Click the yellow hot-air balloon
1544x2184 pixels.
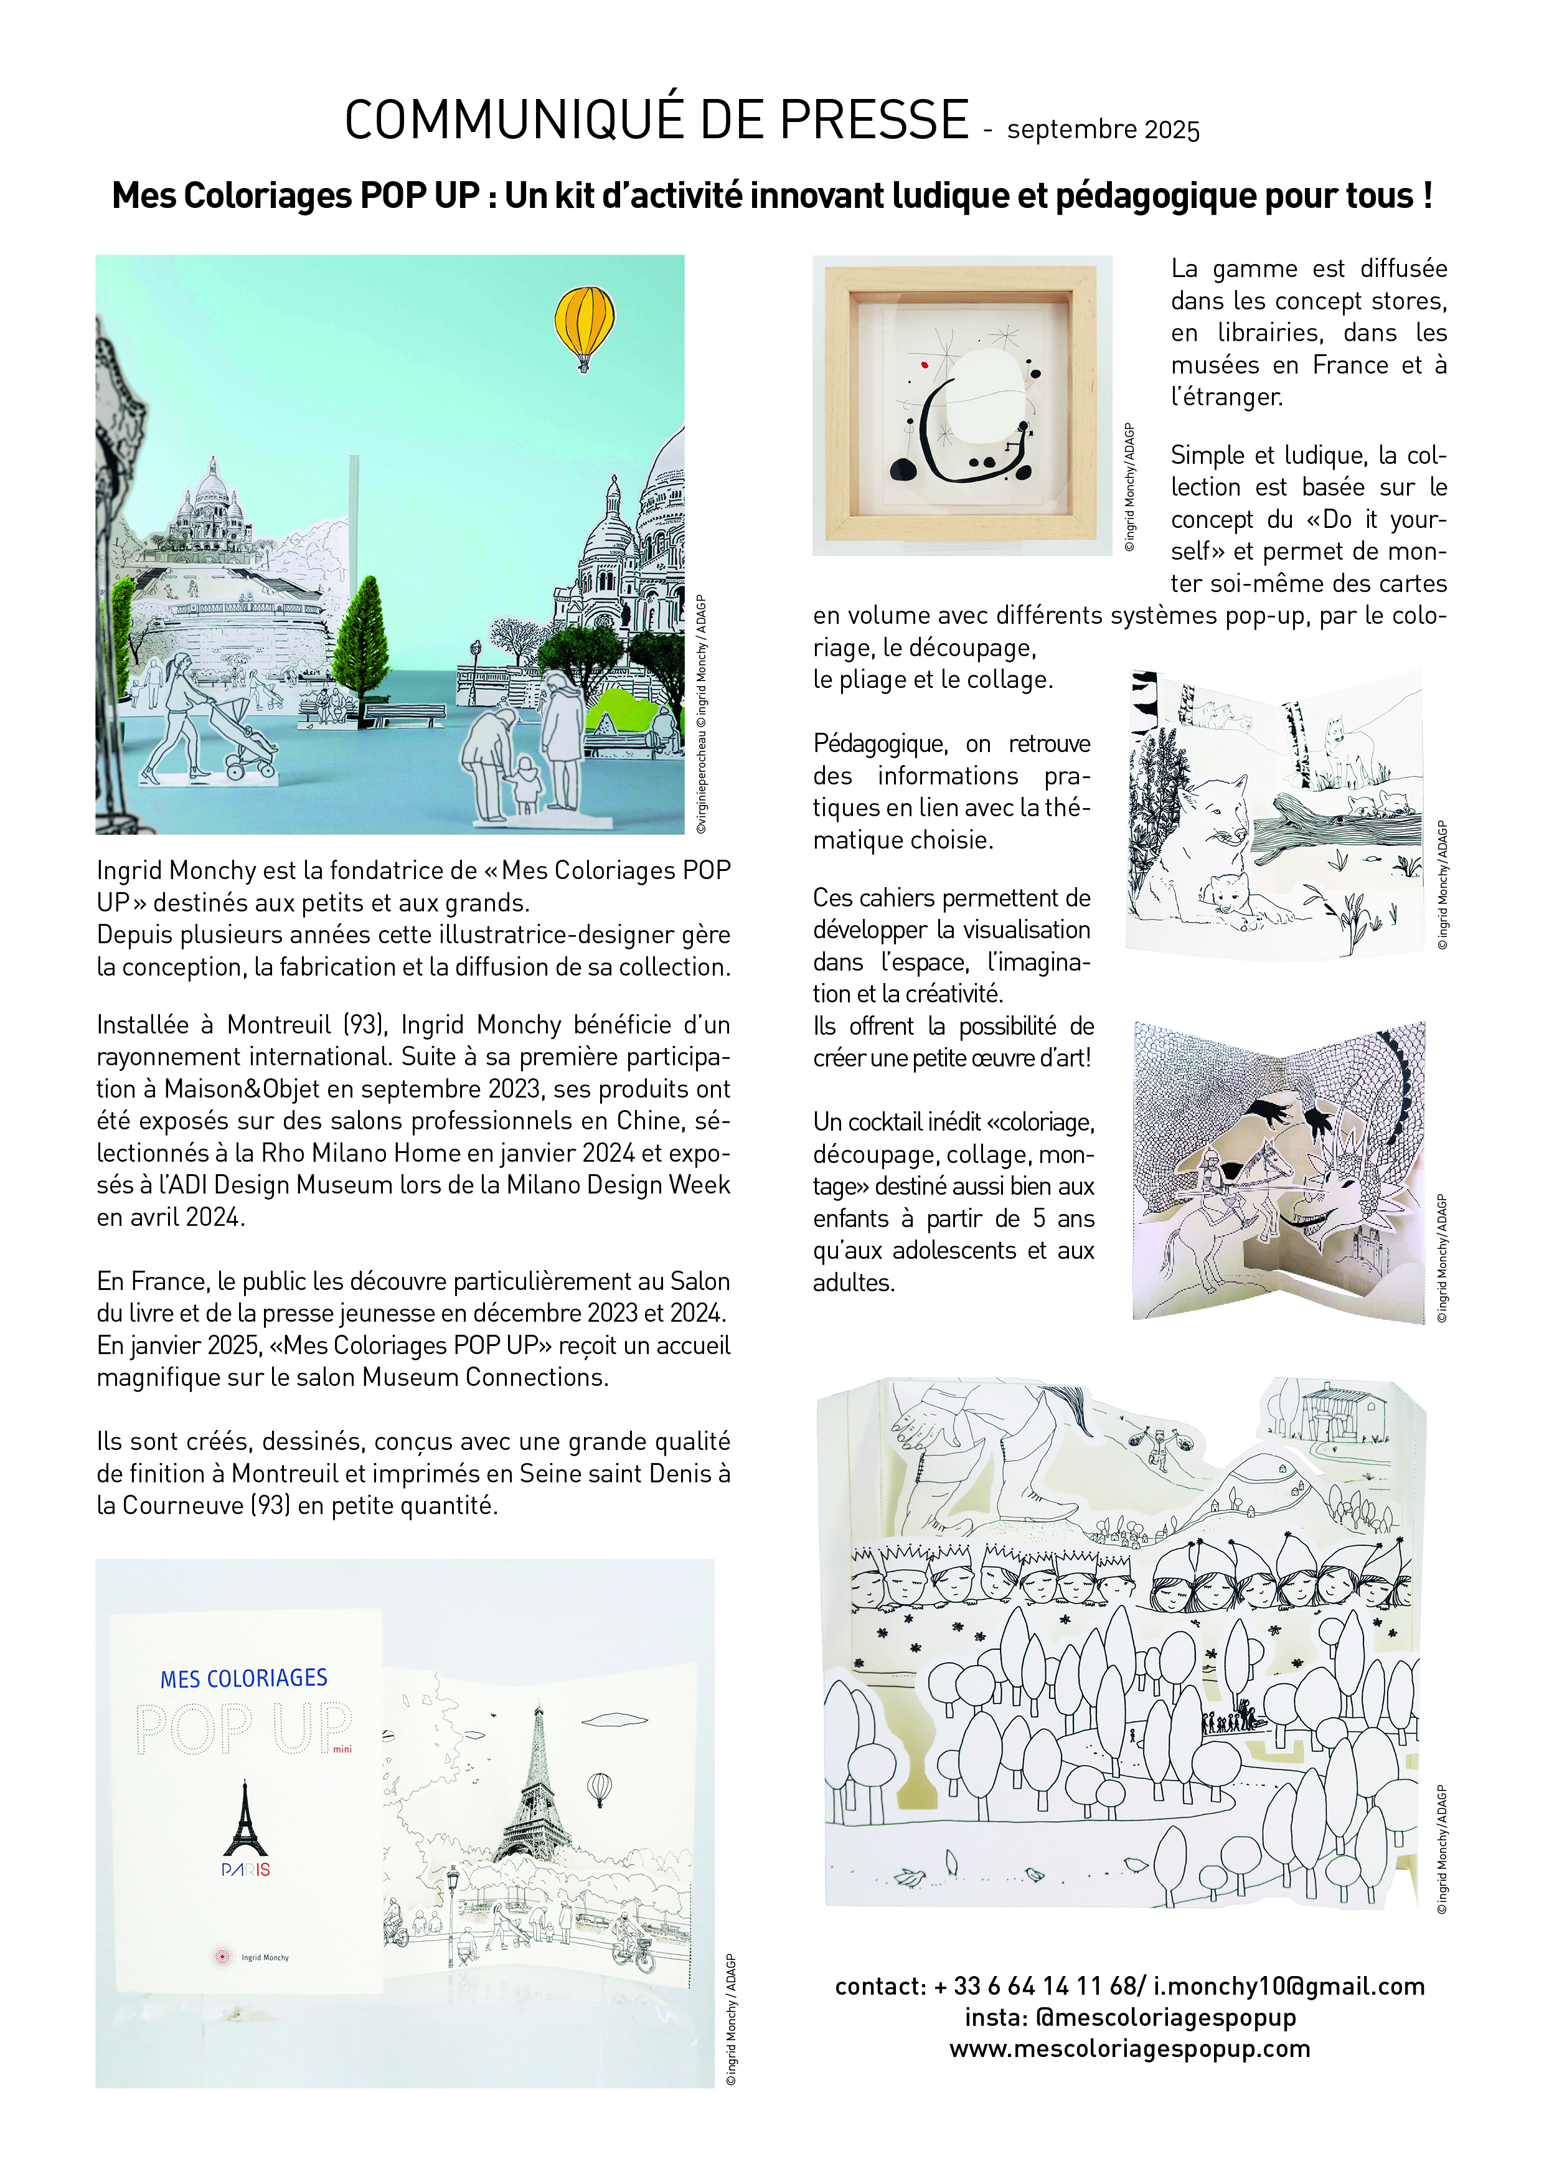point(584,323)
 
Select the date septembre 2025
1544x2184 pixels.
point(1103,130)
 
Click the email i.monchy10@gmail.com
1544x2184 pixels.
point(1288,1986)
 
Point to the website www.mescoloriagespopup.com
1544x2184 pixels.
point(1129,2048)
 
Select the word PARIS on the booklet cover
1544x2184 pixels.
point(245,1870)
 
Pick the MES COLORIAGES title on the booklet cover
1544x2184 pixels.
point(243,1679)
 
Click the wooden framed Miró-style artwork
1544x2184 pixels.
point(962,404)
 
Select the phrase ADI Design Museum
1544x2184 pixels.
point(339,1185)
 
